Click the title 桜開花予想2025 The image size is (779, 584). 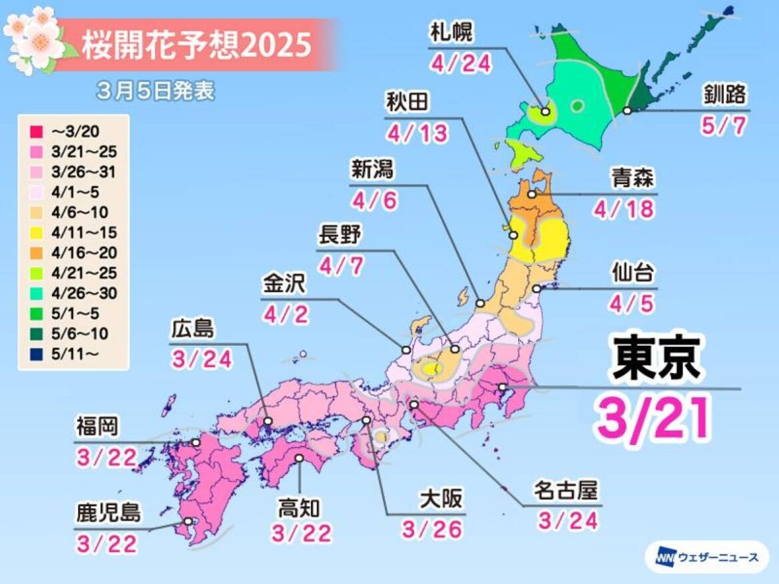(196, 45)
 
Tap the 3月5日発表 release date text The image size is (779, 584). (155, 92)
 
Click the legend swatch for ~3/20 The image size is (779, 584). (36, 131)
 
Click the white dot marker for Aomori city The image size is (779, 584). (532, 194)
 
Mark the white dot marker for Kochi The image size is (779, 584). (300, 458)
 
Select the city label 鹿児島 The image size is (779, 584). (107, 513)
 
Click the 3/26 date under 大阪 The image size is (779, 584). (432, 529)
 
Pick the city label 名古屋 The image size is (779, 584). (567, 491)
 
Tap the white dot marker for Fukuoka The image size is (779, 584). (196, 442)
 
